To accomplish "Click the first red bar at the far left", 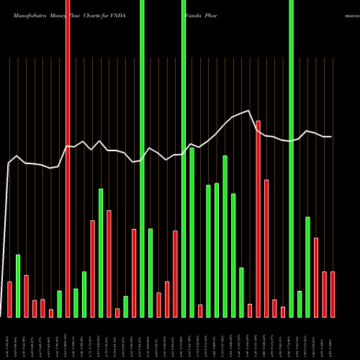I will coord(9,299).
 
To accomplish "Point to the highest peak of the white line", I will coord(249,110).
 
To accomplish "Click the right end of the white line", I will coord(331,137).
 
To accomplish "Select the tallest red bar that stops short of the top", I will coord(258,219).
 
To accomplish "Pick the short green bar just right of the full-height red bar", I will coord(76,302).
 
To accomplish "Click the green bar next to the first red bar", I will coord(18,286).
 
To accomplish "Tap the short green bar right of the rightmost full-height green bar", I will coord(300,304).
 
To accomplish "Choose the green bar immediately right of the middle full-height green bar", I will coord(192,232).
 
